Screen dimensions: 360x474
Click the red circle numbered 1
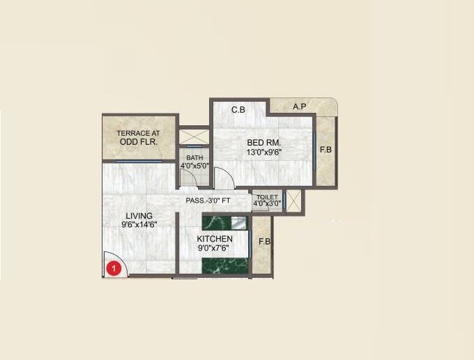[x=112, y=265]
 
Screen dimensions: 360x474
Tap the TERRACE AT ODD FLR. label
[x=137, y=137]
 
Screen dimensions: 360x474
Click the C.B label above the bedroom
[x=238, y=110]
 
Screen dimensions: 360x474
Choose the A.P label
[x=300, y=107]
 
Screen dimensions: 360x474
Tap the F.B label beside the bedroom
[x=326, y=150]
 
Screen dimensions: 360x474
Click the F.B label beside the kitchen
[x=264, y=242]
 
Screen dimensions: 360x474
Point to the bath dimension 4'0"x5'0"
[x=194, y=166]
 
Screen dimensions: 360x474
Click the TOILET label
[x=267, y=198]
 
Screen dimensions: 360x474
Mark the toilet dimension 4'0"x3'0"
[x=267, y=205]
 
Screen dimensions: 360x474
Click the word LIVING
[x=139, y=216]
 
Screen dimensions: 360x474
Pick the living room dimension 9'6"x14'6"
[x=138, y=225]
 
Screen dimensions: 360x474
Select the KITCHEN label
[x=215, y=239]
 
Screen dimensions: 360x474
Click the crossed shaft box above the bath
[x=194, y=137]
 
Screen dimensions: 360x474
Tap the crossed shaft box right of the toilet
[x=294, y=201]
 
